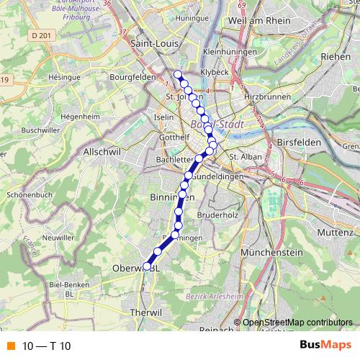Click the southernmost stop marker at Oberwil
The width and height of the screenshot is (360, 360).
click(147, 266)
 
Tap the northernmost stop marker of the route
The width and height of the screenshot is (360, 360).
click(178, 74)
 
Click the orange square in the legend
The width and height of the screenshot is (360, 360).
click(10, 346)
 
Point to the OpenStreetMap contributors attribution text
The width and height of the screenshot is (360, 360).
click(297, 323)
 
